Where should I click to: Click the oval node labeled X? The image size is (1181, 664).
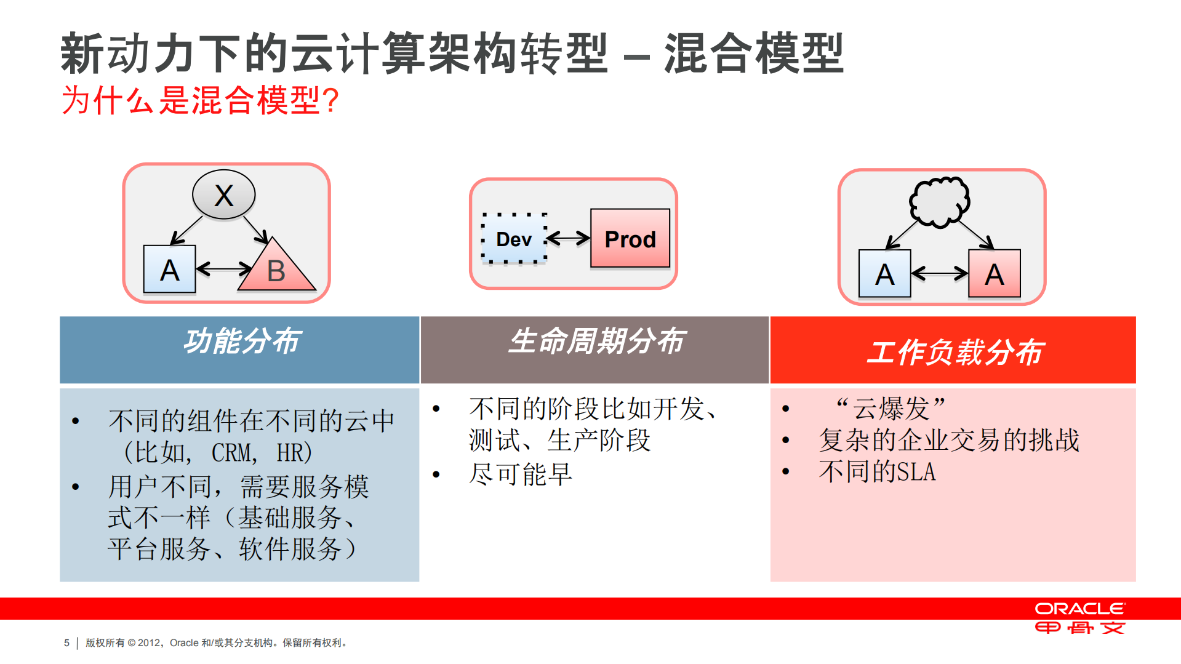[223, 195]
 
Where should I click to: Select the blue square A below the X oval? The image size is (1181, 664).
[169, 270]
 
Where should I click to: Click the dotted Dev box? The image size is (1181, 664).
[514, 239]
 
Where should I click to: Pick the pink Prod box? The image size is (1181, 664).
[630, 239]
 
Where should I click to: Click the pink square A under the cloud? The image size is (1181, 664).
[994, 274]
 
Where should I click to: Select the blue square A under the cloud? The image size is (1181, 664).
[884, 274]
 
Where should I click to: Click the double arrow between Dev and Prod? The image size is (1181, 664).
[568, 238]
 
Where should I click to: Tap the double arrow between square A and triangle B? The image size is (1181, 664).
[223, 269]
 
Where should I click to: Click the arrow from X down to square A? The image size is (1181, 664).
[186, 231]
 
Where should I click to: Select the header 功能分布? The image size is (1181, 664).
[241, 342]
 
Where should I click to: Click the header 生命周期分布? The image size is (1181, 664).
[596, 342]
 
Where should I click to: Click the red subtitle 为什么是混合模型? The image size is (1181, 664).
[200, 100]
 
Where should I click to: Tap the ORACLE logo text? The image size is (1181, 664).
[1079, 609]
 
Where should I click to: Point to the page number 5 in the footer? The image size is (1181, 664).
[66, 642]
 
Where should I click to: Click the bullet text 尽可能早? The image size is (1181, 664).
[521, 474]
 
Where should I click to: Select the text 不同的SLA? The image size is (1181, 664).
[877, 472]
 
